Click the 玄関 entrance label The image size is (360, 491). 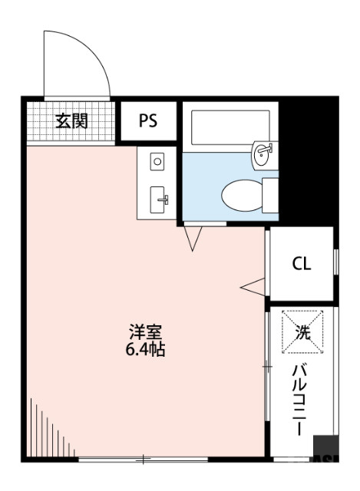pos(71,120)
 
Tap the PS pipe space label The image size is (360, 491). pos(148,120)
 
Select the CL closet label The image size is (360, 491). pos(301,265)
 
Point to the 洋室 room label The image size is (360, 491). pos(144,333)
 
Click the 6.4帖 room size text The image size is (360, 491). pos(145,350)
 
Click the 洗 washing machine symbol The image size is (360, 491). pos(302,332)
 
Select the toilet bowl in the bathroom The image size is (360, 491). pos(242,195)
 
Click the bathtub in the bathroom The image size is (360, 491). pos(230,126)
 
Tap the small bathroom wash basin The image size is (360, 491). pos(263,154)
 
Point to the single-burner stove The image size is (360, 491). pos(157,161)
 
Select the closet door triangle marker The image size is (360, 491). pos(253,285)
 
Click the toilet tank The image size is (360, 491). pos(270,194)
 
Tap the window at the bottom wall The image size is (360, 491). pos(142,460)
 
